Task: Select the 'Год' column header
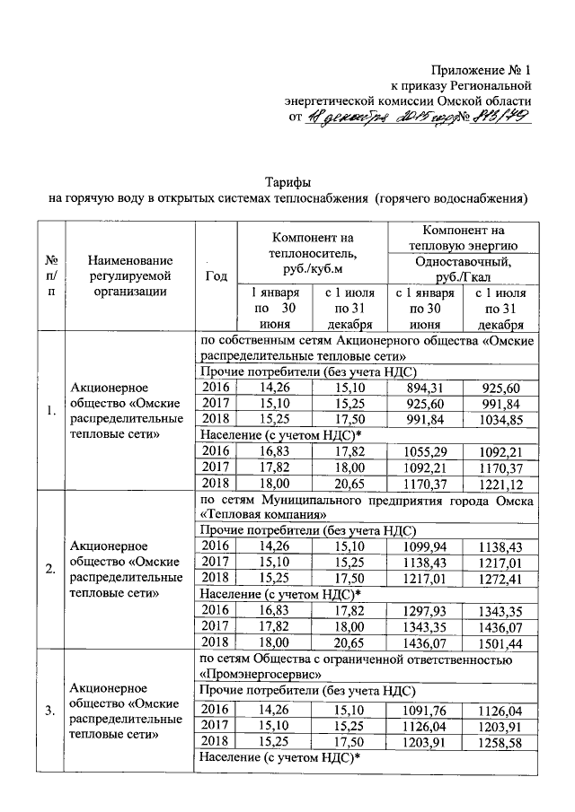pos(216,276)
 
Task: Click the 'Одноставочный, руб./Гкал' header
pos(463,268)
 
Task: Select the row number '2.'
pos(50,568)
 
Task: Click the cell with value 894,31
pos(423,386)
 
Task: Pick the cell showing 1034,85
pos(499,419)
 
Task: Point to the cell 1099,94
pos(423,546)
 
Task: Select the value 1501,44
pos(499,642)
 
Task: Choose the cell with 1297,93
pos(423,610)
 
